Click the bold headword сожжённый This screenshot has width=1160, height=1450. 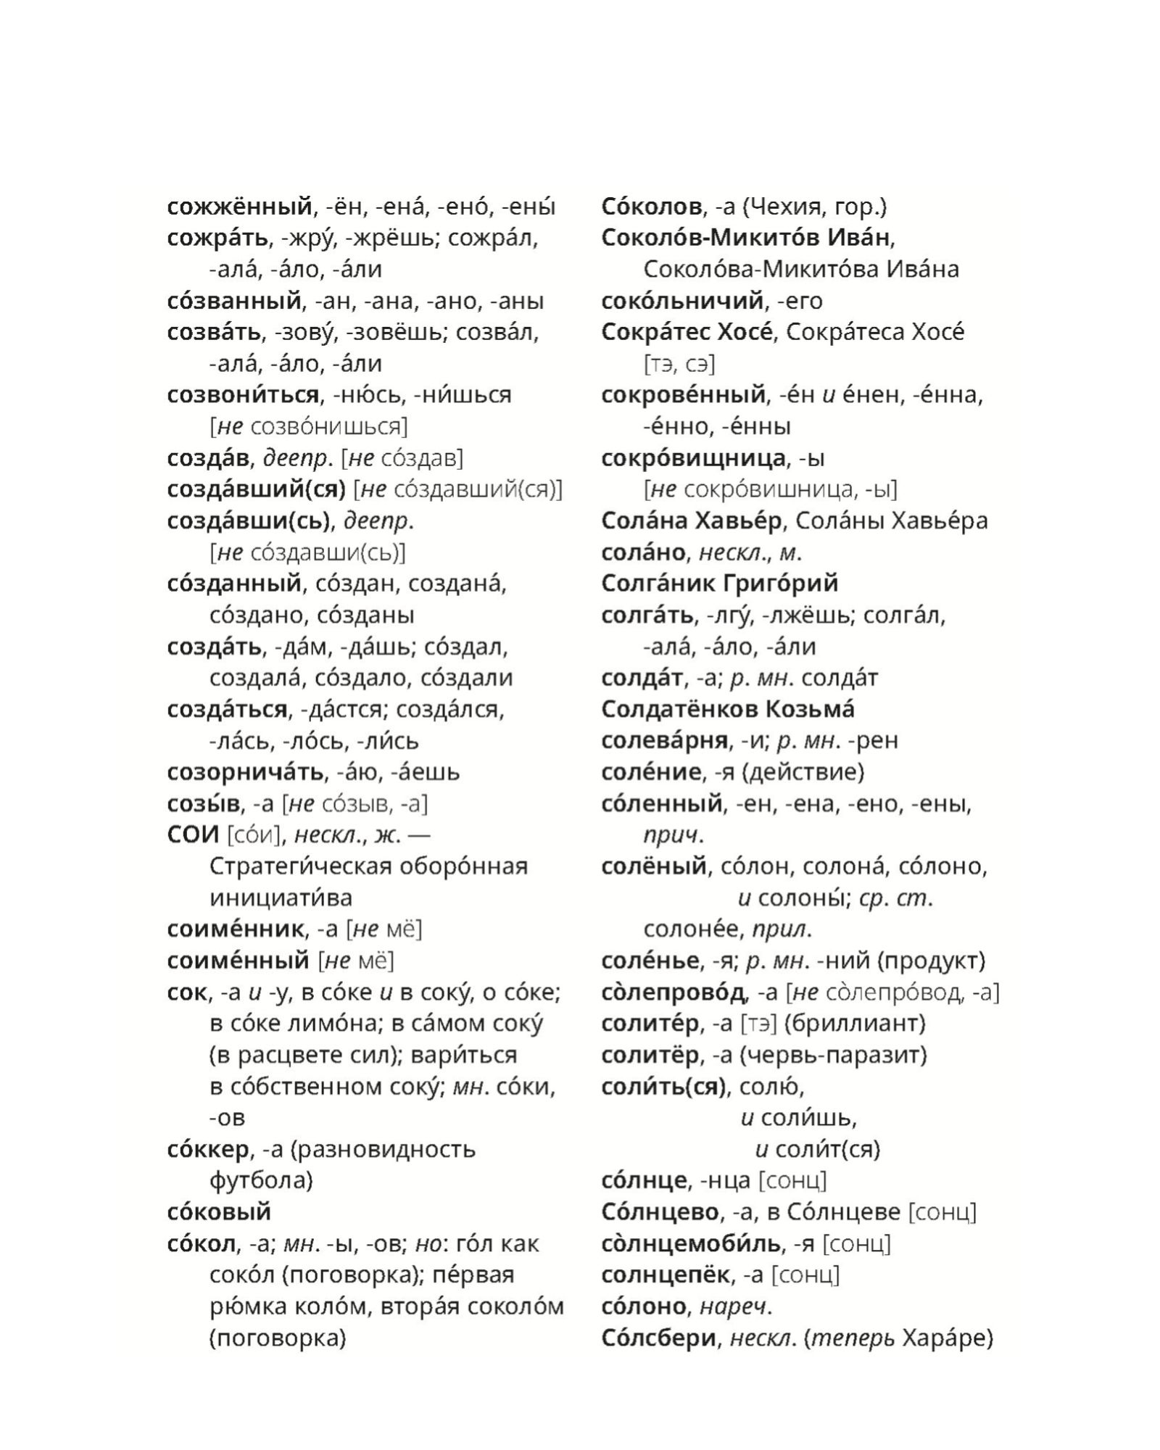240,207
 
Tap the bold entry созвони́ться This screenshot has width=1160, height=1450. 242,395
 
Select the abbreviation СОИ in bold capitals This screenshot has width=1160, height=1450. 192,834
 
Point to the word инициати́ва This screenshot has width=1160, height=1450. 281,898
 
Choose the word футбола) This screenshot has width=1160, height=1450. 261,1180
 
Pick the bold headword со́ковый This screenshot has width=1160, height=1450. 218,1211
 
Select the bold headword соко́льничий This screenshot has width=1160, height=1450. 682,301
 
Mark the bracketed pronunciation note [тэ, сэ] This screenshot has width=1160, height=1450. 679,364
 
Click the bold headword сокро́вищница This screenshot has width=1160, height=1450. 693,458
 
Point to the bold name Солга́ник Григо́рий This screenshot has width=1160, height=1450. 719,584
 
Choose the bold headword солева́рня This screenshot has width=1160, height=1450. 664,740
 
